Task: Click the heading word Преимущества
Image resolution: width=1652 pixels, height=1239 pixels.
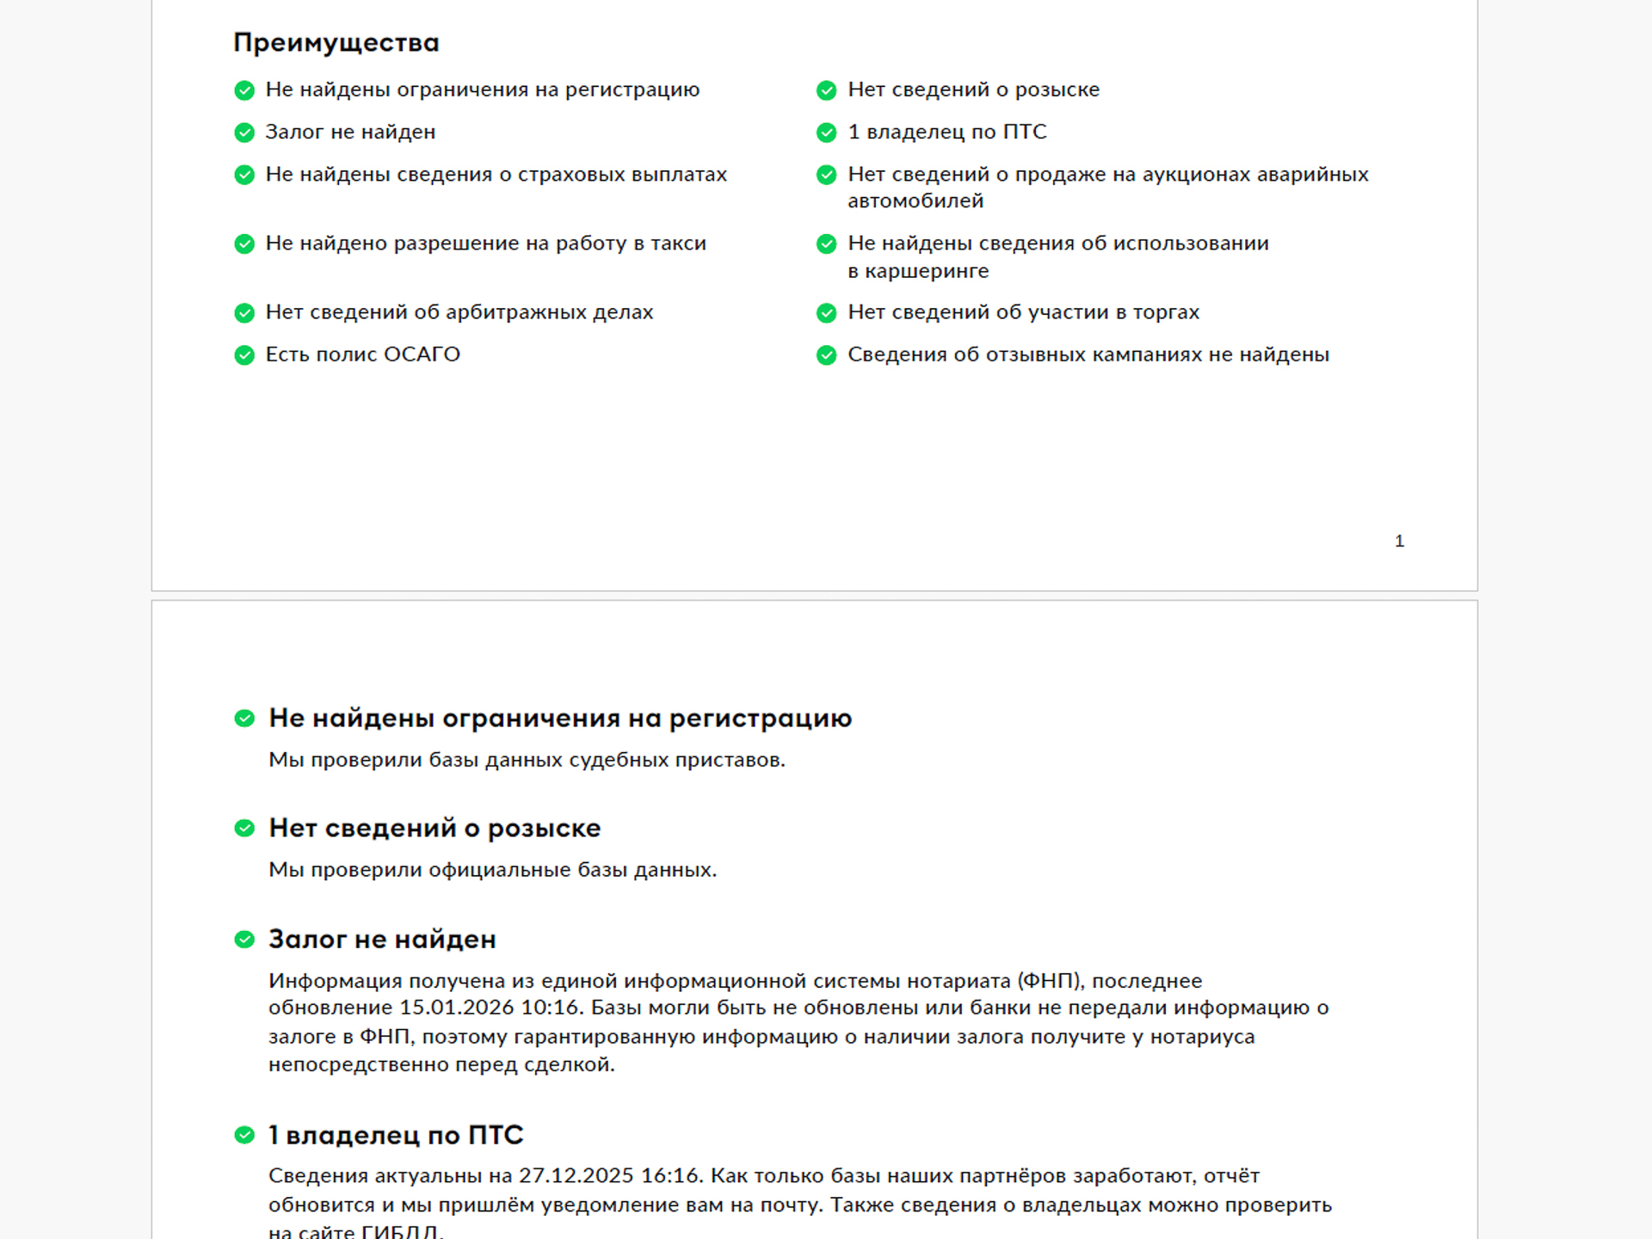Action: click(x=336, y=43)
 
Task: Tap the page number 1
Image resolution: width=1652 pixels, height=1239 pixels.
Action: click(x=1399, y=541)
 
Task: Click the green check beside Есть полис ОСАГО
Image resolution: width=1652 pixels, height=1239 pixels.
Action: click(x=244, y=355)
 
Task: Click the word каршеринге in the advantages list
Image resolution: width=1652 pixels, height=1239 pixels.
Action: click(x=927, y=271)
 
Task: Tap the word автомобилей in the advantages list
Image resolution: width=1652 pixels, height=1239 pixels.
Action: click(x=915, y=201)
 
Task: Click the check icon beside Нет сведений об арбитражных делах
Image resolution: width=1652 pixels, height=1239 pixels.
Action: click(x=244, y=313)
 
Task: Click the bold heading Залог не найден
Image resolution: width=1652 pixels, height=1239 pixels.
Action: click(x=382, y=940)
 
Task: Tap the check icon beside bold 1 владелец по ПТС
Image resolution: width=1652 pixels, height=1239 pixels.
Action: click(x=244, y=1136)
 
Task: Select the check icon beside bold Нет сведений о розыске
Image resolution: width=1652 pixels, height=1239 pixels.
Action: click(x=244, y=829)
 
